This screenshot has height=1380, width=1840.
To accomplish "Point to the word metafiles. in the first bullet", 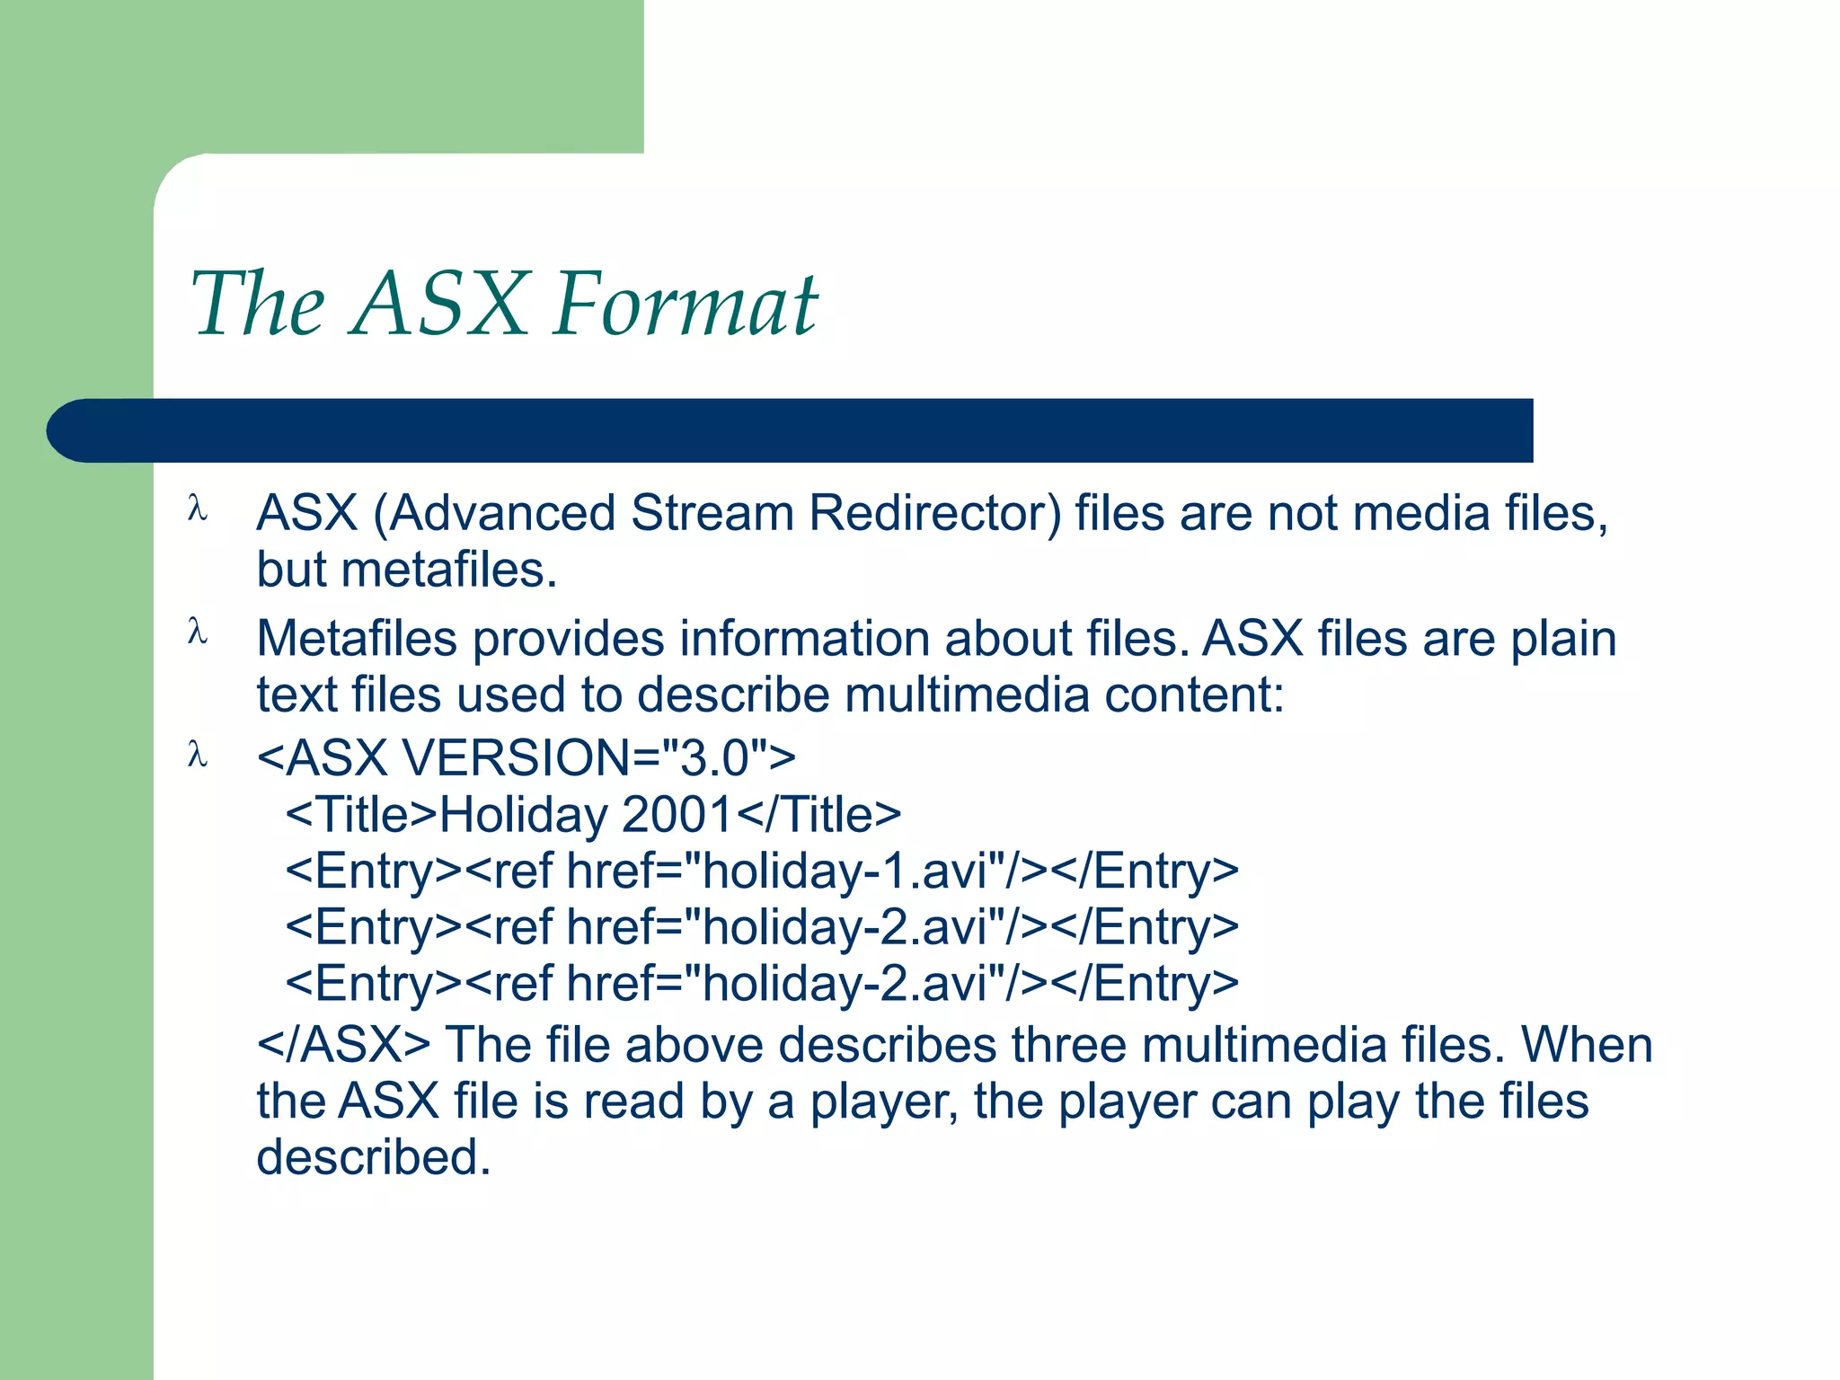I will [449, 570].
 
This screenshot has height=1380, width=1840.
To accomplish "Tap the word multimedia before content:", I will [967, 694].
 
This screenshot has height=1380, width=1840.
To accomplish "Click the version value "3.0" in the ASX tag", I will [714, 757].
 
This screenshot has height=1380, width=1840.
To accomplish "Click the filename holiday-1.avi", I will [853, 871].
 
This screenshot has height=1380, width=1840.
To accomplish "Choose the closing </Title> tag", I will [818, 814].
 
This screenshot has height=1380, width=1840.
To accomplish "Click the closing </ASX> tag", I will [343, 1045].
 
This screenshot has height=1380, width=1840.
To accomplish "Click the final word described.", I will [373, 1157].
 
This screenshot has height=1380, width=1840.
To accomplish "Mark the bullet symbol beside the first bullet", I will [198, 509].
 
